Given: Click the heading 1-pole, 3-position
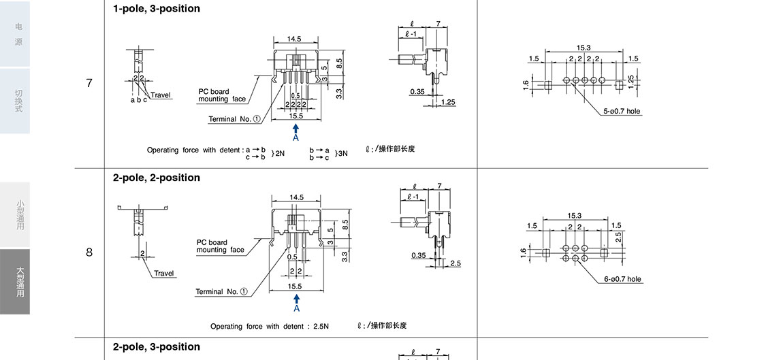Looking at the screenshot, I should point(156,9).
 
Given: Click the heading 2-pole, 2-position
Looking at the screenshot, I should point(156,178).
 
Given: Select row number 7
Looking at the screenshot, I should point(89,84).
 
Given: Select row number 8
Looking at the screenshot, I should point(89,252).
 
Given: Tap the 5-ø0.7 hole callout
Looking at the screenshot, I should point(621,111).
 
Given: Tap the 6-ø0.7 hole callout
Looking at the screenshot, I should point(622,279).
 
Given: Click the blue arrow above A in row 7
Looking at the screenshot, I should point(296,129).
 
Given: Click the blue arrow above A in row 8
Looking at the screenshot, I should point(296,297).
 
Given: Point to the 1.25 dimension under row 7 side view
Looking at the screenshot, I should point(448,102).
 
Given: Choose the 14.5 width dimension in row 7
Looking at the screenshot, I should point(295,39).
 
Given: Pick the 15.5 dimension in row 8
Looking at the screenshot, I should point(295,287).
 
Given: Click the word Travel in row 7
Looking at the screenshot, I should point(161,95).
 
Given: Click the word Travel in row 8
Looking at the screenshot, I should point(163,274).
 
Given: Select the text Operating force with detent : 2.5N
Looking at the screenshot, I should point(269,327).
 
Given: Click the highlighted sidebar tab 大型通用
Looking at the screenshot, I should point(15,282).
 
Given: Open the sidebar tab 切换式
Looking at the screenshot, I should point(15,100).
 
